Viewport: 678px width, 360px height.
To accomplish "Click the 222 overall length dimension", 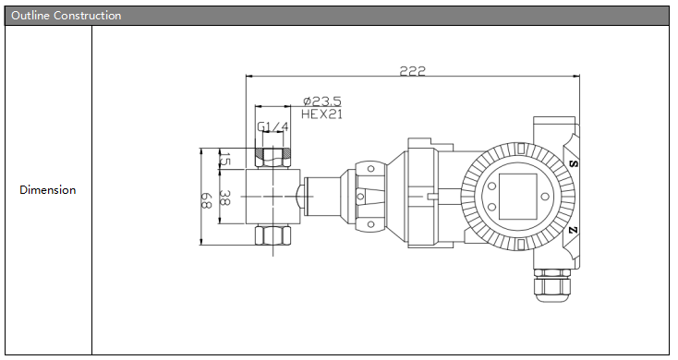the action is (413, 70).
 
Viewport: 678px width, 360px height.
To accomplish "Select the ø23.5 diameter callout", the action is (322, 102).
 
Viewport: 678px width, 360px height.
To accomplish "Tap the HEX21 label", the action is (321, 114).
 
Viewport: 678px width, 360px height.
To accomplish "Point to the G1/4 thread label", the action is (272, 126).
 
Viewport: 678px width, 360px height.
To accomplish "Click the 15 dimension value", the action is (224, 159).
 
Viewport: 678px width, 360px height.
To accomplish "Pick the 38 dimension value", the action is (224, 198).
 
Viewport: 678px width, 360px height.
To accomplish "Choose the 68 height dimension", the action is (205, 200).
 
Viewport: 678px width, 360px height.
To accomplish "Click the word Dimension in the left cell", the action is (47, 190).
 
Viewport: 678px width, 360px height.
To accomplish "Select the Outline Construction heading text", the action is (67, 16).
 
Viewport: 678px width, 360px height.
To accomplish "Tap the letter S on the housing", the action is (574, 163).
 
